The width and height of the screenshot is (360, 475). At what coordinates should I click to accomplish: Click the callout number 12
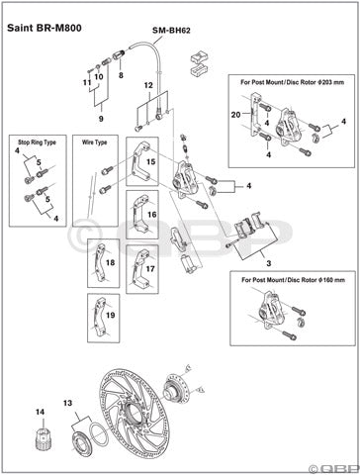pos(149,86)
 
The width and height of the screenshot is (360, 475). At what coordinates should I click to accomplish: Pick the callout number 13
pos(69,404)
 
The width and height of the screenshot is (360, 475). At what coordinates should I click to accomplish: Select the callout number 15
pos(152,161)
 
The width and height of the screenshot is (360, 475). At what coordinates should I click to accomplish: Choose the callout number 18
pos(110,263)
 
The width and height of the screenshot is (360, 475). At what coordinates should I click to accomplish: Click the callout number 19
pos(110,316)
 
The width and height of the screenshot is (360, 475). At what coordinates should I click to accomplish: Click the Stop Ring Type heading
pos(36,142)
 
